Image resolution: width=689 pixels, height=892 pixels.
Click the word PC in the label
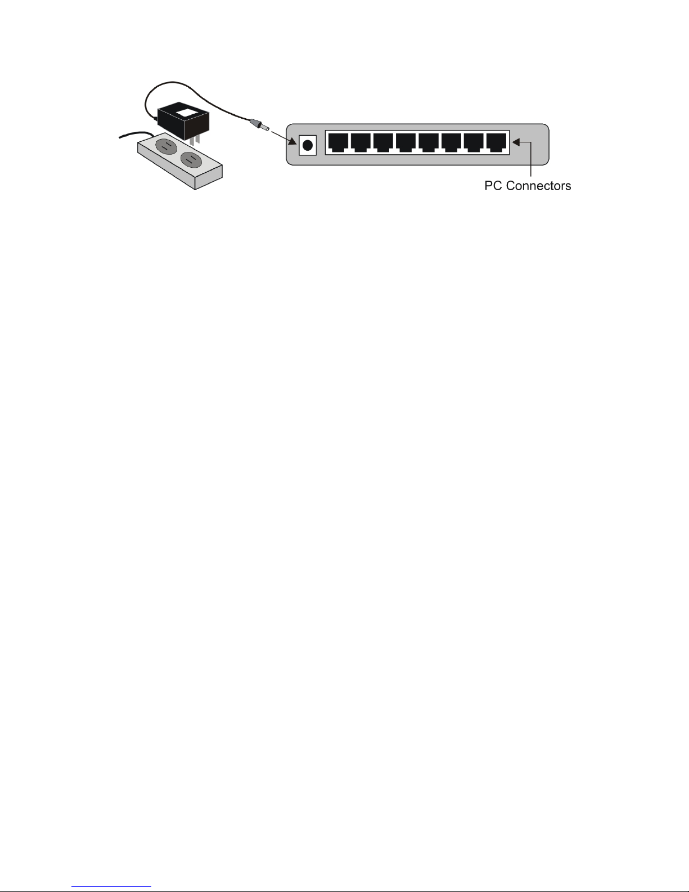pyautogui.click(x=493, y=186)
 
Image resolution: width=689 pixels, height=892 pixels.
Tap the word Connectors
pyautogui.click(x=538, y=186)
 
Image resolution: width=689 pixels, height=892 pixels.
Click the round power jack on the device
pyautogui.click(x=307, y=145)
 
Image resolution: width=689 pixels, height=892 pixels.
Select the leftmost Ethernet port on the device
pyautogui.click(x=338, y=143)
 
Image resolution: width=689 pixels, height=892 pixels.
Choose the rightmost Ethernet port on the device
pyautogui.click(x=497, y=143)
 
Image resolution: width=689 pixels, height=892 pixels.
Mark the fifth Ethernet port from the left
pyautogui.click(x=429, y=143)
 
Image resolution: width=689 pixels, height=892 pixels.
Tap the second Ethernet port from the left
pyautogui.click(x=361, y=143)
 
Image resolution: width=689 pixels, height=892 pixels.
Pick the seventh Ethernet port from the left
pyautogui.click(x=474, y=143)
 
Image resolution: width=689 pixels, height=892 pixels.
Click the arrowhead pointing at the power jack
pyautogui.click(x=293, y=141)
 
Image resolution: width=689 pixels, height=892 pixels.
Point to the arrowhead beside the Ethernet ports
pyautogui.click(x=517, y=143)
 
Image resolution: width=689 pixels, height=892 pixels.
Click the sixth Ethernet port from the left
pyautogui.click(x=452, y=143)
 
